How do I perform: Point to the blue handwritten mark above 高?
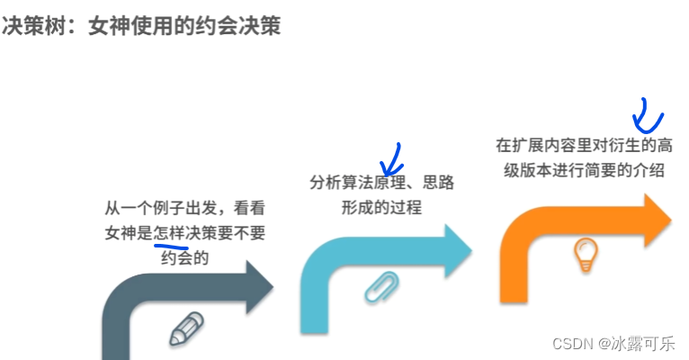pos(647,114)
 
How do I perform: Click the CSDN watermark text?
pos(570,343)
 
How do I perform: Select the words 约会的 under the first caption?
pos(185,257)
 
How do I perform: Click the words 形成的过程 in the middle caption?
pos(382,208)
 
